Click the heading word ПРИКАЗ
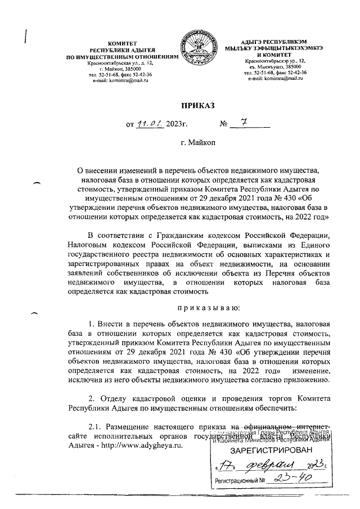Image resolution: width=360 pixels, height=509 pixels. tap(197, 105)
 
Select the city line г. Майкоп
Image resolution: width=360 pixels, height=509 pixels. tap(197, 143)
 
